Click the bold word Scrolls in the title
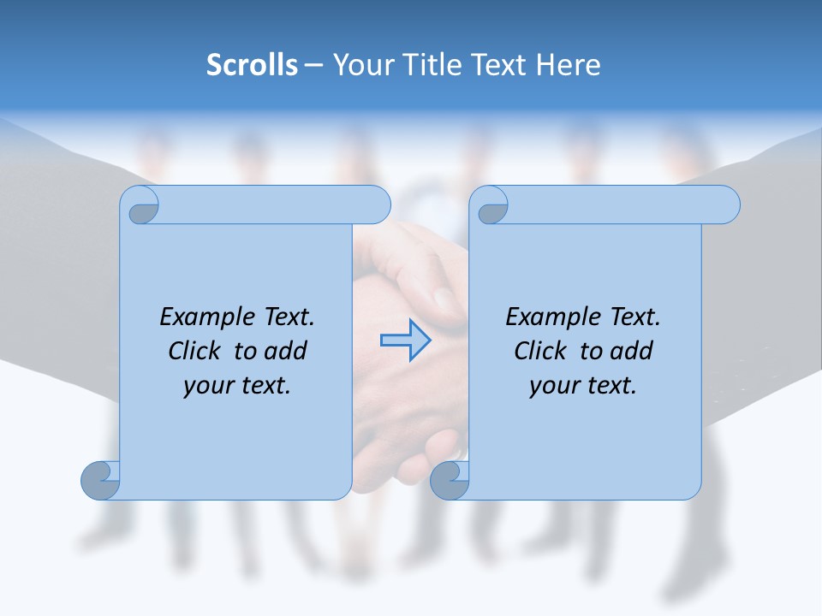[253, 65]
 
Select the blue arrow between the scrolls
[405, 340]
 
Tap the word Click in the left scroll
[195, 351]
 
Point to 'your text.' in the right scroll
[583, 385]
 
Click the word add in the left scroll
[287, 351]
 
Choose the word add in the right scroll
[633, 351]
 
